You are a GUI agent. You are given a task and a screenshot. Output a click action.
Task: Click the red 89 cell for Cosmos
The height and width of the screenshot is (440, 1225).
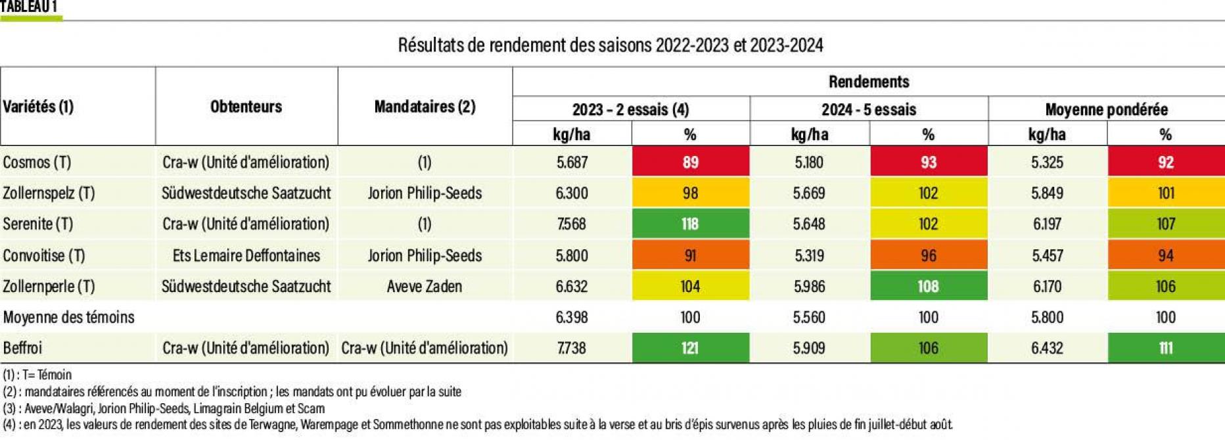coord(690,162)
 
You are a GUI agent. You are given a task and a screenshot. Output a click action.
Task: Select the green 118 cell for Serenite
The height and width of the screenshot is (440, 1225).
coord(690,224)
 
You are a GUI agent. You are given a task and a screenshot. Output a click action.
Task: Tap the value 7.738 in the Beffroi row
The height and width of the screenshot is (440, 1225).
coord(571,348)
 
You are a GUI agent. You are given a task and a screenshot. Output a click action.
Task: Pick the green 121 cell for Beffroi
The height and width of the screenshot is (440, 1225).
coord(690,348)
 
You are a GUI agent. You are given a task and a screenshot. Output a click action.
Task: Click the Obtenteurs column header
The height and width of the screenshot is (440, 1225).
coord(246,107)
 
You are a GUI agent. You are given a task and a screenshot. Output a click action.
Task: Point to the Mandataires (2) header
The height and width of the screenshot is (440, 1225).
coord(425,107)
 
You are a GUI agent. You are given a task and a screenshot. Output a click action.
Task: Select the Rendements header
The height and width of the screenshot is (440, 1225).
coord(868,82)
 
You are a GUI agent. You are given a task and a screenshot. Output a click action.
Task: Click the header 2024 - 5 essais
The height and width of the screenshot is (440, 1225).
coord(868,109)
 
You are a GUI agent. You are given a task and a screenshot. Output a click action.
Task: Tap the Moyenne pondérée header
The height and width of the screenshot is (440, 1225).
coord(1106,109)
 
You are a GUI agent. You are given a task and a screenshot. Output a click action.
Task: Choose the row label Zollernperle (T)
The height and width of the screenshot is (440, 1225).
coord(49,286)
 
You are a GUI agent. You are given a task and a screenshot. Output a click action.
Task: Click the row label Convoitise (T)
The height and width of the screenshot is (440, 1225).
coord(44,255)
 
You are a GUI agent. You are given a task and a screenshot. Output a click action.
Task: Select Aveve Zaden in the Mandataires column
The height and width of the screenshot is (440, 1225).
coord(425,286)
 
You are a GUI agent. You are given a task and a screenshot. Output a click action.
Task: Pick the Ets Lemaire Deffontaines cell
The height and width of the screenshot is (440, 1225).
coord(246,255)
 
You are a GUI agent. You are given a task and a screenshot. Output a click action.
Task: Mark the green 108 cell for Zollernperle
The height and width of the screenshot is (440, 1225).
coord(928,286)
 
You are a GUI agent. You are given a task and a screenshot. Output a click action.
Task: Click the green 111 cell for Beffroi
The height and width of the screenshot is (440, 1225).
coord(1165,348)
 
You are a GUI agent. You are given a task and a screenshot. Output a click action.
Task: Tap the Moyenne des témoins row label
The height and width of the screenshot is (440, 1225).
coord(68,317)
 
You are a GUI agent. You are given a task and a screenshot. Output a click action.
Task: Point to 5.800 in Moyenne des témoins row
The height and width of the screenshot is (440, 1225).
coord(1047,317)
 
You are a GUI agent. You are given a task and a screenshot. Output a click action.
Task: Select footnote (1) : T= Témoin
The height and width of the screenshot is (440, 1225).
coord(37,375)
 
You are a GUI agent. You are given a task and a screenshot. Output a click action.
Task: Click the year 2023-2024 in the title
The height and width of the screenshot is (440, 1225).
coord(786,45)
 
